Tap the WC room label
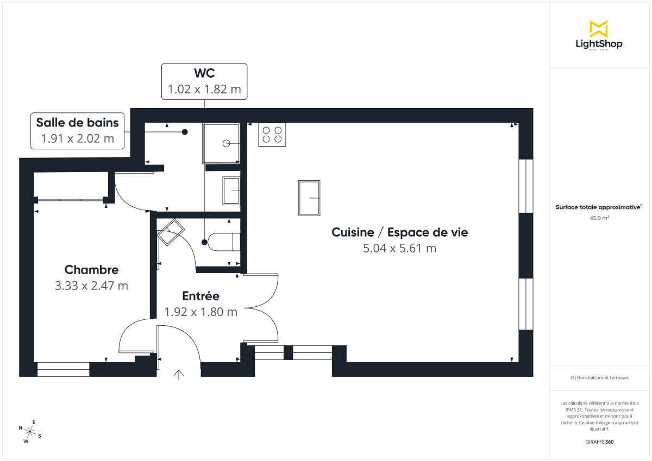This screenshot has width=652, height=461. tap(204, 73)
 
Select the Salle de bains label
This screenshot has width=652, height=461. tap(77, 122)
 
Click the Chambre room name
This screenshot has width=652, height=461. tap(91, 270)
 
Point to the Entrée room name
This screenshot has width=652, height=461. tap(200, 296)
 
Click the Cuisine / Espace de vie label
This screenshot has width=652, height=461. tap(399, 232)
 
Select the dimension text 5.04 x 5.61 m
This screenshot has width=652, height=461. tap(399, 249)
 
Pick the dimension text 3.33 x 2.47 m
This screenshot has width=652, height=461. tap(91, 286)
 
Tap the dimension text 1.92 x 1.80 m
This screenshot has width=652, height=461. tap(200, 312)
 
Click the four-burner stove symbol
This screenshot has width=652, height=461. tap(272, 135)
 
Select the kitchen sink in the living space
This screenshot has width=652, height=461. tap(309, 198)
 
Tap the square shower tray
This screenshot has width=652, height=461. tap(222, 143)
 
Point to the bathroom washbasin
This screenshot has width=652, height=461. tap(232, 191)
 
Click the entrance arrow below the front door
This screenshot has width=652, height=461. tap(179, 374)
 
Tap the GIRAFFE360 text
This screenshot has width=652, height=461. tap(599, 442)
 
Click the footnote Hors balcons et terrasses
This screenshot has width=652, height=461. tap(599, 377)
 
